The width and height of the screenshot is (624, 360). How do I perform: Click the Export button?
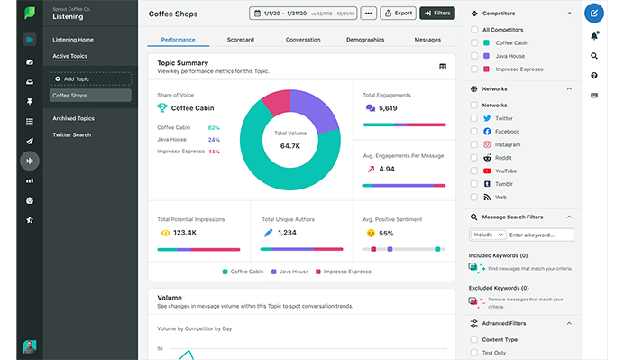(398, 14)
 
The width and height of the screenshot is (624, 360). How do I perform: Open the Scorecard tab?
(239, 40)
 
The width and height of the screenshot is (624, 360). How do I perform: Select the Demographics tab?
(365, 40)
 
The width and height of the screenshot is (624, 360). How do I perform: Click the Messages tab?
(427, 40)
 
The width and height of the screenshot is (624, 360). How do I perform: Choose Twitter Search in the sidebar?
(71, 134)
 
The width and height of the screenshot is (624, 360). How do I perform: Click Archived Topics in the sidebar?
(73, 118)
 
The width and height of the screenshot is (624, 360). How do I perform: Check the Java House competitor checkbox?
(475, 55)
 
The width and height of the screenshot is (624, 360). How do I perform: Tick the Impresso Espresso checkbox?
(475, 69)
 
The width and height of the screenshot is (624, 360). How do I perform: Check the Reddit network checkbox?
(475, 158)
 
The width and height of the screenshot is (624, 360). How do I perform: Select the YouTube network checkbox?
(475, 171)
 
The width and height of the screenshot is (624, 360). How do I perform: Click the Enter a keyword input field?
(539, 235)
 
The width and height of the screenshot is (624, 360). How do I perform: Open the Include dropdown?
(486, 235)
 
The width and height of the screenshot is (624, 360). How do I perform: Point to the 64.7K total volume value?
(290, 145)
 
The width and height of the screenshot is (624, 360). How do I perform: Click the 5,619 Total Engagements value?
(388, 108)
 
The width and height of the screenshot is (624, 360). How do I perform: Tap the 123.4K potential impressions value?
(184, 233)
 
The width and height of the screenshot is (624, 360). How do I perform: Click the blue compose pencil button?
(594, 14)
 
